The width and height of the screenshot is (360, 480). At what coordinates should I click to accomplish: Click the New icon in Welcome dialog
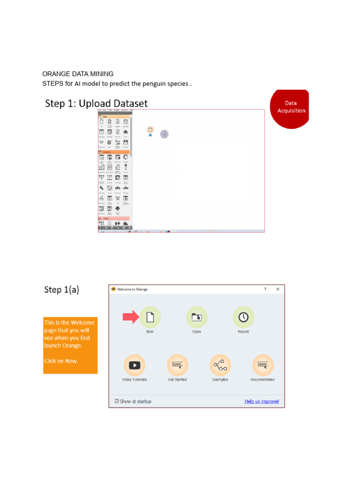(150, 317)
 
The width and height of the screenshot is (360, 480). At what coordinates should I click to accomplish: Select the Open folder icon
(196, 317)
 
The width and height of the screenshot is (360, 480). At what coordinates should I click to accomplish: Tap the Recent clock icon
(243, 317)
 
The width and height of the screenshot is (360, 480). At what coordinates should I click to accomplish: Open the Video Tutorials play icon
(135, 365)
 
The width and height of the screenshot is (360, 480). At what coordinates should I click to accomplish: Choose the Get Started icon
(177, 365)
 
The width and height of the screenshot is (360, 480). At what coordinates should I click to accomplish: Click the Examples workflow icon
(220, 365)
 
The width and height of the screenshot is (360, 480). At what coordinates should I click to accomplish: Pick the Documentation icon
(262, 365)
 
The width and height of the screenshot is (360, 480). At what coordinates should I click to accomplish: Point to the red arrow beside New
(131, 317)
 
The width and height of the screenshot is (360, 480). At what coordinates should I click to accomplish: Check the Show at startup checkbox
(117, 401)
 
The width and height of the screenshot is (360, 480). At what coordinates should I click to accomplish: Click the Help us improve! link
(262, 401)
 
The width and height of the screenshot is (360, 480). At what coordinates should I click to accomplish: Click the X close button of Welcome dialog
(278, 289)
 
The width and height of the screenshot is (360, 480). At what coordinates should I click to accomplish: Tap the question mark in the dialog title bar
(265, 289)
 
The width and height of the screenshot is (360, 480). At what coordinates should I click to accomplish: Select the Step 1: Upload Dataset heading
(96, 104)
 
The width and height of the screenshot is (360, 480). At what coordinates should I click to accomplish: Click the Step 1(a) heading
(61, 290)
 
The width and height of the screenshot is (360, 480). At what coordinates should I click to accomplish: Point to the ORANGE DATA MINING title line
(78, 74)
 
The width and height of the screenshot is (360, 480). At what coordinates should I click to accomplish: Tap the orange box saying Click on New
(70, 345)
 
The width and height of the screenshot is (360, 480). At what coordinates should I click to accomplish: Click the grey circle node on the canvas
(164, 134)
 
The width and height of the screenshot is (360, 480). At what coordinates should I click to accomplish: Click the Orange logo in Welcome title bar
(113, 289)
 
